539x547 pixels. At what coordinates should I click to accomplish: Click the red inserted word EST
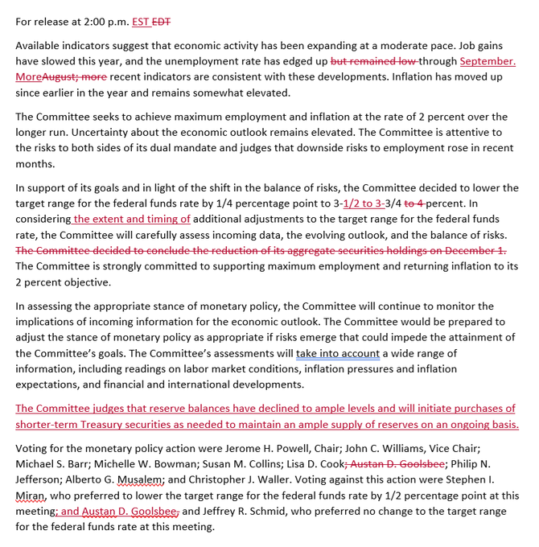(142, 22)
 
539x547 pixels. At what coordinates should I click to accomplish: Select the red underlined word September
(488, 61)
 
